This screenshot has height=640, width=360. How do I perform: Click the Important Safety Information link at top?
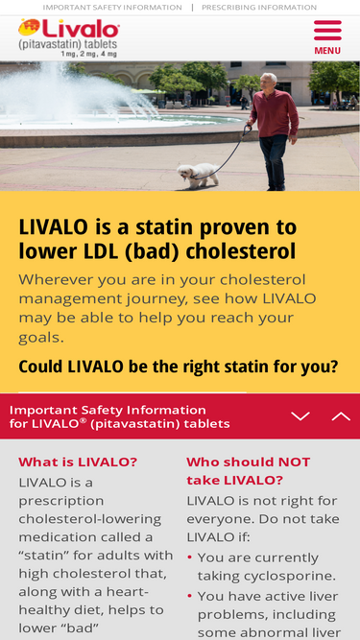click(112, 8)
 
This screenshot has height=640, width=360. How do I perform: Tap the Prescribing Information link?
click(259, 8)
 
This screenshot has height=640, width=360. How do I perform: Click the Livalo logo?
click(68, 32)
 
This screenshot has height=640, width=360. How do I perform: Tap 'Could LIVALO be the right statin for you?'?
click(179, 367)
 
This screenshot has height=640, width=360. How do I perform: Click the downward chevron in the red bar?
click(300, 415)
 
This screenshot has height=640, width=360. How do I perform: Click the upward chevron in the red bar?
click(341, 415)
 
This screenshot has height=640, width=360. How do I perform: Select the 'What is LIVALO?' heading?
click(78, 462)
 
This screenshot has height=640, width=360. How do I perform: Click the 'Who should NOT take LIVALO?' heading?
click(249, 470)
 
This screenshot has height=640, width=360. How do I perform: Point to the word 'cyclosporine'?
click(286, 576)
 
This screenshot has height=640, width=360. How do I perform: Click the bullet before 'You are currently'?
click(189, 557)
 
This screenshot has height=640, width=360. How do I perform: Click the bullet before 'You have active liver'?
click(189, 596)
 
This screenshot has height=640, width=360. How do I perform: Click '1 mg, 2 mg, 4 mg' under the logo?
click(88, 54)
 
